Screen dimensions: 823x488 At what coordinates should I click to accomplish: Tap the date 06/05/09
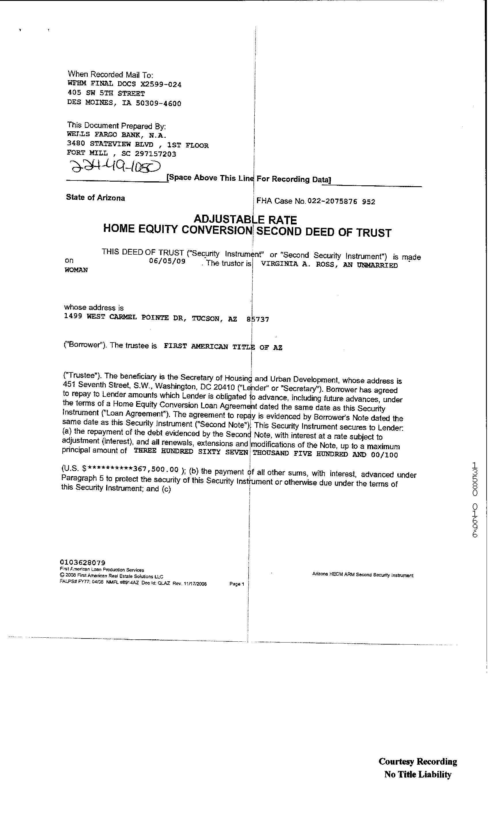click(167, 261)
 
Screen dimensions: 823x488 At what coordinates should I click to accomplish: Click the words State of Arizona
click(95, 198)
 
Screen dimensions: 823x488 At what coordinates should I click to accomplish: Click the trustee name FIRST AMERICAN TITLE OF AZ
click(223, 347)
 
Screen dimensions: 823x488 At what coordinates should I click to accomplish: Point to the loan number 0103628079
click(83, 562)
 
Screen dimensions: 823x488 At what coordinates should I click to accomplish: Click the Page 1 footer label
click(237, 584)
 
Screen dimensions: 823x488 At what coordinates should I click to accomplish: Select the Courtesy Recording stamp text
click(418, 761)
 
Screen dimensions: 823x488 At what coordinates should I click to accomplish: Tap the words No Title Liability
click(418, 774)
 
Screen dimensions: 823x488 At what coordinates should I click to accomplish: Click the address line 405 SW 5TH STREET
click(106, 93)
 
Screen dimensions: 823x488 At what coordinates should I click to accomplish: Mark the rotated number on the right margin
click(475, 499)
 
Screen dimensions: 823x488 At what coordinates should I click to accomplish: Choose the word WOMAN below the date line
click(76, 270)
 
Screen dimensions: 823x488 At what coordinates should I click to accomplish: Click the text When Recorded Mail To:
click(110, 74)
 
